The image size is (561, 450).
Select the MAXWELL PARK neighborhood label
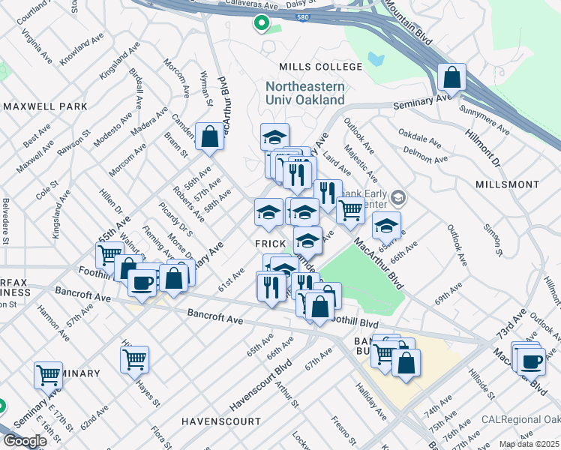(45, 106)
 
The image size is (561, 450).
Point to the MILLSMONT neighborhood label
(507, 184)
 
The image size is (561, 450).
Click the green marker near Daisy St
(260, 24)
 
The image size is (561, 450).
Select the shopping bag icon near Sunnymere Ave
(452, 77)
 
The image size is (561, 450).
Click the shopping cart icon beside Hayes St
(134, 358)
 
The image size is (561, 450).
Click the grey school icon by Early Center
(397, 198)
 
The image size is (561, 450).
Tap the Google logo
(25, 441)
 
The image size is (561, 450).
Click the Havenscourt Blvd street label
(259, 388)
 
